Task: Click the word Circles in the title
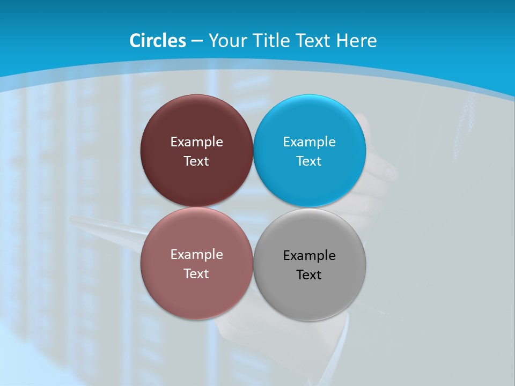pyautogui.click(x=158, y=41)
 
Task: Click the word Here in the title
pyautogui.click(x=357, y=41)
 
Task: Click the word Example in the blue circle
pyautogui.click(x=310, y=142)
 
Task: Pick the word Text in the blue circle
pyautogui.click(x=310, y=161)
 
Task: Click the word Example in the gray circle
pyautogui.click(x=310, y=256)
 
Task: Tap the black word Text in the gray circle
pyautogui.click(x=310, y=275)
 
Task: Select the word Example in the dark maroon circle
pyautogui.click(x=196, y=142)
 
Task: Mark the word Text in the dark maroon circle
pyautogui.click(x=196, y=161)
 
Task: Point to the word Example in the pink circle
pyautogui.click(x=196, y=255)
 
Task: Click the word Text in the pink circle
pyautogui.click(x=196, y=274)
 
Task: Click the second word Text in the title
pyautogui.click(x=313, y=41)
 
